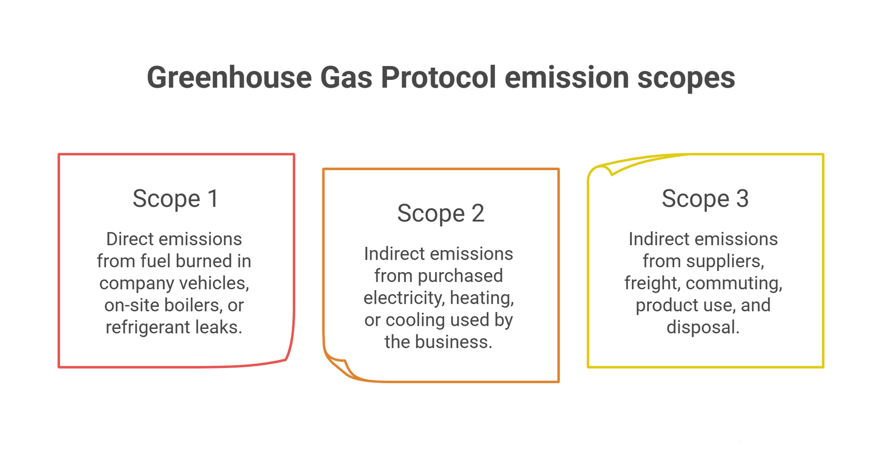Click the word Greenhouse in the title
229,77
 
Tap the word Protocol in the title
438,77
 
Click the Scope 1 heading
176,198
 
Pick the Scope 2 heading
440,213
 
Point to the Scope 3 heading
705,198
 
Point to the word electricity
404,298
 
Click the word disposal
703,327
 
